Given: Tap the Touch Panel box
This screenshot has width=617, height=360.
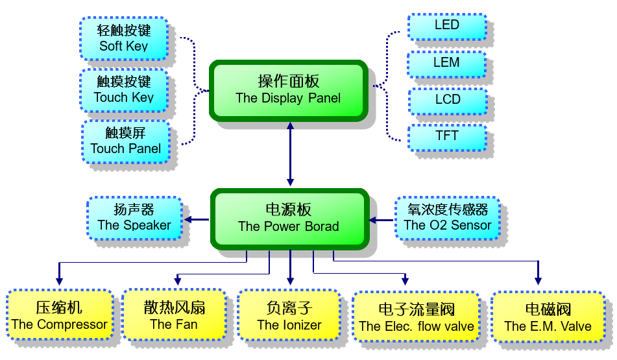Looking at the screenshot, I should (126, 141).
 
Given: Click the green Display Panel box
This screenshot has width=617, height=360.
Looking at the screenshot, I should (288, 90).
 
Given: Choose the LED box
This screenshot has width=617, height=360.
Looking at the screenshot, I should (446, 26).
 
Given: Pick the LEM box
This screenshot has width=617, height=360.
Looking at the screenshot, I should (446, 63).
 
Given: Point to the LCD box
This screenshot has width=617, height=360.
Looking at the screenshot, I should (447, 100).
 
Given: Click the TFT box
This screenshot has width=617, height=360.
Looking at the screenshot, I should (446, 136).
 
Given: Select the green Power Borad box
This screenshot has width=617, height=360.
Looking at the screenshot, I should (289, 219).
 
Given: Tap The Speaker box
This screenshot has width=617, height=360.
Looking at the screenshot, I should (134, 218).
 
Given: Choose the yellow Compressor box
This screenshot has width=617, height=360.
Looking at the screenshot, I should (59, 316).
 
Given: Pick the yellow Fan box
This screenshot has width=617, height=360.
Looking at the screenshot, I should (173, 316).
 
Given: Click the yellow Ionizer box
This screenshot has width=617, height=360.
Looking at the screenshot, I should (289, 316).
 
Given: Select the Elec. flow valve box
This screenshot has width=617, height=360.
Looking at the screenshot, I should (416, 317).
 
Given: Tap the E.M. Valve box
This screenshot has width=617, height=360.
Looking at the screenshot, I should (548, 317).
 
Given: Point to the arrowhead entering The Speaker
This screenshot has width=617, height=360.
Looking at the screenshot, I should (188, 219).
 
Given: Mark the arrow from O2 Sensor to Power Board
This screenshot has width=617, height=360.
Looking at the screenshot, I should (382, 220).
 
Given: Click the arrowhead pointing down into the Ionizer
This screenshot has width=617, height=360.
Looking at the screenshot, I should (290, 281).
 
